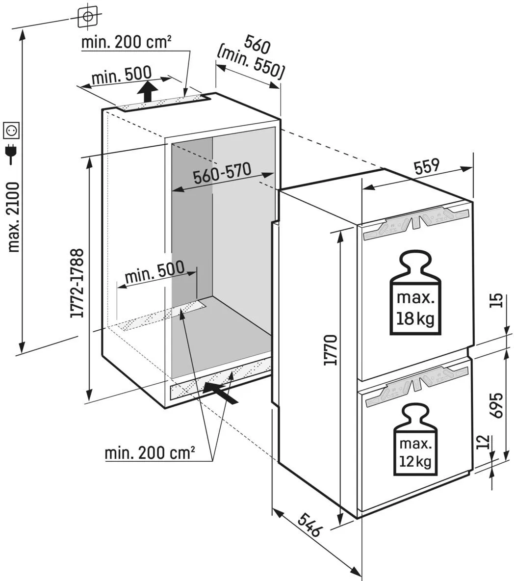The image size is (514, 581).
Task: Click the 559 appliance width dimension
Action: point(426,167)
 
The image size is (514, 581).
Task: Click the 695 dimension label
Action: point(497,405)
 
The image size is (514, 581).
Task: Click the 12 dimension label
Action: point(484,442)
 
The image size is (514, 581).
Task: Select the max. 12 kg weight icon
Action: point(415,440)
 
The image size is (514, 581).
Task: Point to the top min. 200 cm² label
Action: point(126,42)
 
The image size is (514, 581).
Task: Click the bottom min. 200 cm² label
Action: point(150,452)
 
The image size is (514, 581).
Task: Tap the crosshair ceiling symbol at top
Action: point(88,16)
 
